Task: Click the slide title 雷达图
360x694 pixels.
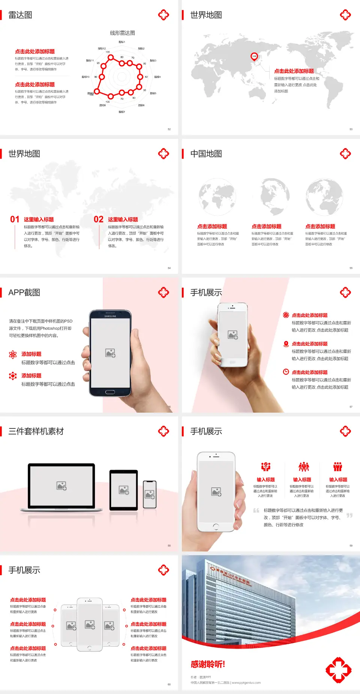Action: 20,15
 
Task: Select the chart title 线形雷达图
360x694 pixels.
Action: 122,33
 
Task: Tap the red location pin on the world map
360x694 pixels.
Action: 254,57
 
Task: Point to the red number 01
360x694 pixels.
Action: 15,219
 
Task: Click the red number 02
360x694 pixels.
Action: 98,219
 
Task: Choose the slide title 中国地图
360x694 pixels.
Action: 206,154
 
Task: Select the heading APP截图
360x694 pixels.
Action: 24,293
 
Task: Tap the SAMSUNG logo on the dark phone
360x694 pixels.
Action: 110,316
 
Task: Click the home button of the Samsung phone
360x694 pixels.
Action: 110,392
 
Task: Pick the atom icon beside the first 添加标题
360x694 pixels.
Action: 13,355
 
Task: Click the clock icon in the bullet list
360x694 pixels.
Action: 286,372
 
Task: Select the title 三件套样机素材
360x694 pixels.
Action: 36,431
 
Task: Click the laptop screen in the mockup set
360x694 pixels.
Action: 61,485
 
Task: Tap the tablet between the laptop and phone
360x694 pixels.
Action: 124,490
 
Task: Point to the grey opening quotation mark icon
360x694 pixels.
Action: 256,510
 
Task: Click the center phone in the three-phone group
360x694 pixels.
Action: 90,624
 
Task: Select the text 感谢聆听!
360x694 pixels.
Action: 208,664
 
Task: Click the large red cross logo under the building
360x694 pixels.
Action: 338,670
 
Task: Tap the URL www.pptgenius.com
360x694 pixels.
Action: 246,683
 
